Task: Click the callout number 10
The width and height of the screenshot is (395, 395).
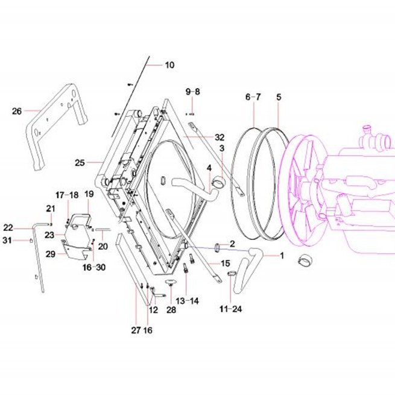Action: pos(169,65)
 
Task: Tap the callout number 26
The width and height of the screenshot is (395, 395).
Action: pos(17,111)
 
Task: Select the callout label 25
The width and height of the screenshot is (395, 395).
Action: pos(80,162)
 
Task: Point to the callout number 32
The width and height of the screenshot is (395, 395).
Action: pos(220,137)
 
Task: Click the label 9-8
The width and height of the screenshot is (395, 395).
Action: pos(193,92)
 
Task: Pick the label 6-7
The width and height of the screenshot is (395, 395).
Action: pos(253,97)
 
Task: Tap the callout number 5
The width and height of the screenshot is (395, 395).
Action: pos(279,97)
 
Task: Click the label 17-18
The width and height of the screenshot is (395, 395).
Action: pos(67,195)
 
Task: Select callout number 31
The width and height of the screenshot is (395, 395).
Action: pos(7,241)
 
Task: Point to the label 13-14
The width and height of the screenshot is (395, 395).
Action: pos(187,301)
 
